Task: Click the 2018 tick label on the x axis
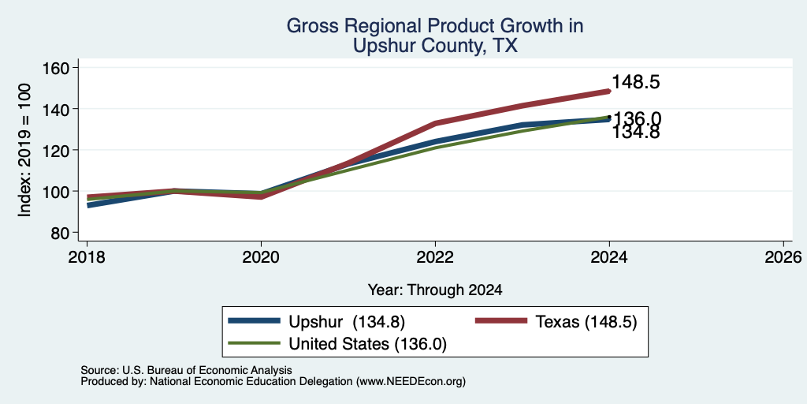pos(87,256)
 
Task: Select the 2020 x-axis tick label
pos(261,256)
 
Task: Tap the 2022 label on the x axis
pos(435,256)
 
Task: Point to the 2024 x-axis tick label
pos(609,256)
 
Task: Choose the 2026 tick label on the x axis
pos(783,256)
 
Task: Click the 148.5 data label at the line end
pos(636,82)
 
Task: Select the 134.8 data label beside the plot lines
pos(636,133)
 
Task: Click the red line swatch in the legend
pos(501,321)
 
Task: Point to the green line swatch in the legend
pos(255,343)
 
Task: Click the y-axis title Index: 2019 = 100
pos(24,150)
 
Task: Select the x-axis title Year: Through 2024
pos(435,290)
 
